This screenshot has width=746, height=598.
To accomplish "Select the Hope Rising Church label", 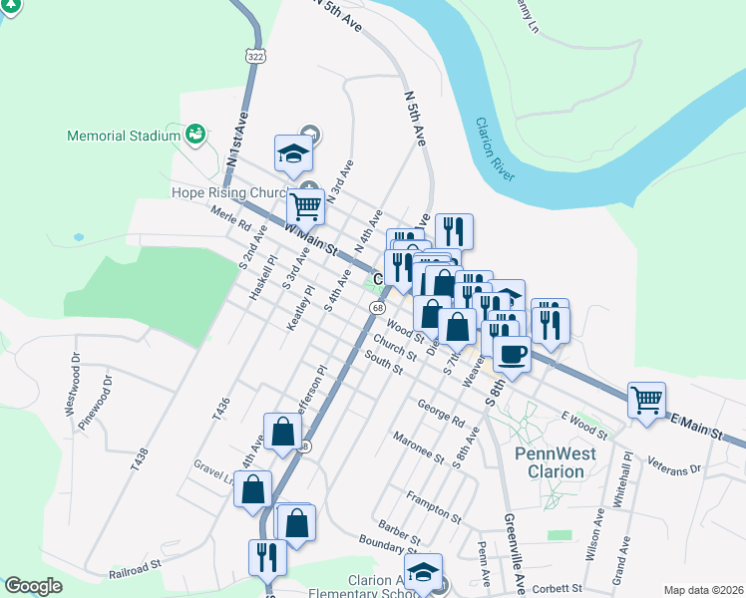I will coord(229,192).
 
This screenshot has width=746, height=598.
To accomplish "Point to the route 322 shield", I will coord(257,58).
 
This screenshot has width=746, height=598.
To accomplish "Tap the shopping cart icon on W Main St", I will coord(305,207).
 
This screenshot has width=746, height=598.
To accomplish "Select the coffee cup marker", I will coord(513,354).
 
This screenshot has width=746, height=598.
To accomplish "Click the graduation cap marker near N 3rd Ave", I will coord(294,152).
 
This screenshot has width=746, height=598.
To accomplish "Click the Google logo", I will coord(33,586).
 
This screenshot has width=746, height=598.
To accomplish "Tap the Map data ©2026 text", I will coord(703,590).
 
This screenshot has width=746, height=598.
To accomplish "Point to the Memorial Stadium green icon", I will coord(194,134).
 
